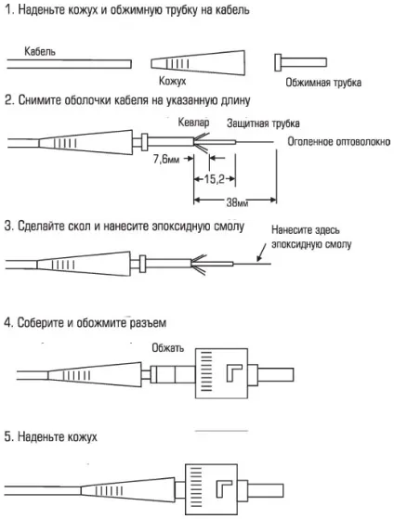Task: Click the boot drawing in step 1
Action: (184, 63)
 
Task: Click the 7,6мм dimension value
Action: (168, 160)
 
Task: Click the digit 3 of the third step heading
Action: (7, 225)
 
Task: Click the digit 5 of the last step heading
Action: (7, 435)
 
